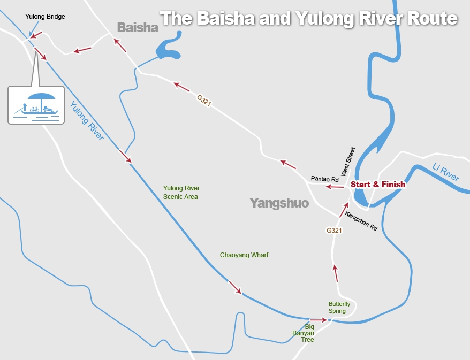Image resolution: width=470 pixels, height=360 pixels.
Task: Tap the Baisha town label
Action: click(x=138, y=27)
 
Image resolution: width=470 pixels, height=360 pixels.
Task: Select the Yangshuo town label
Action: click(x=279, y=203)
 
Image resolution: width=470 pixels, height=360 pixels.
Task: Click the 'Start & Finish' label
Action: click(x=377, y=185)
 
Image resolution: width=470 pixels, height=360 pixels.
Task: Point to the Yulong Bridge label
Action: click(x=45, y=17)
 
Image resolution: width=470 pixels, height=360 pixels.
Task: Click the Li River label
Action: click(x=445, y=173)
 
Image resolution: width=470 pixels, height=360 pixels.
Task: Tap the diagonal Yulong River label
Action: click(x=86, y=120)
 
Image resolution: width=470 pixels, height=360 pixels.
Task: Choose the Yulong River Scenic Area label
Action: click(x=181, y=193)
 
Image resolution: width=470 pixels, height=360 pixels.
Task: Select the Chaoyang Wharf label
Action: click(x=244, y=255)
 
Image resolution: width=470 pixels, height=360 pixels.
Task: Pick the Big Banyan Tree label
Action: click(x=303, y=333)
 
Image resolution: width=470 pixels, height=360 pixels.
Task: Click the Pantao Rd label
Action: click(x=325, y=178)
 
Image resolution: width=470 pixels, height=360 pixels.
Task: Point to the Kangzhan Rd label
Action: click(x=361, y=220)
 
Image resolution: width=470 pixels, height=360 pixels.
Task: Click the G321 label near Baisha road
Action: click(x=204, y=101)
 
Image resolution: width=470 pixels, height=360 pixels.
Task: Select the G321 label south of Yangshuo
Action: click(x=334, y=231)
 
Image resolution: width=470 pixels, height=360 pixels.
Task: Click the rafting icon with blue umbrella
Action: click(x=36, y=105)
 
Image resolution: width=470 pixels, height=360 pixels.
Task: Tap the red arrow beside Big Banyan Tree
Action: click(x=318, y=320)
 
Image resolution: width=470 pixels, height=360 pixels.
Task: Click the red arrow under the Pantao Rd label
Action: click(x=336, y=187)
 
